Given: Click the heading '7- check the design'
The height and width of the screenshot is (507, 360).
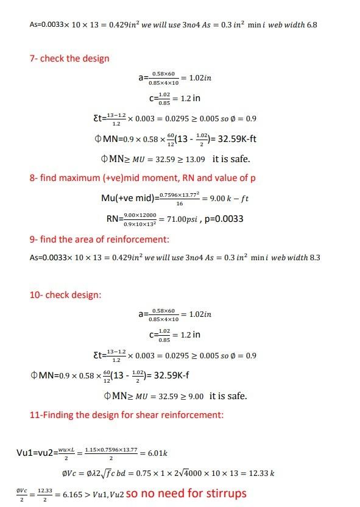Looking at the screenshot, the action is [x=69, y=58].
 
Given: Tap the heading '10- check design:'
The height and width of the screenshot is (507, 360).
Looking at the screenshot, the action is [x=65, y=295].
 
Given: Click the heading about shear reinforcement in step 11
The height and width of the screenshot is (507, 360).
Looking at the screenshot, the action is [x=126, y=415].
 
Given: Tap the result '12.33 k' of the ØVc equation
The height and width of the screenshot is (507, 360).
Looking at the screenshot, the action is [x=263, y=473].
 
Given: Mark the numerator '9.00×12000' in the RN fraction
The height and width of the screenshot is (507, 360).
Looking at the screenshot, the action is [x=139, y=214].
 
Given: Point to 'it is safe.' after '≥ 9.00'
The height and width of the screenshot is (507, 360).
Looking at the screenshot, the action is [x=228, y=395].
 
